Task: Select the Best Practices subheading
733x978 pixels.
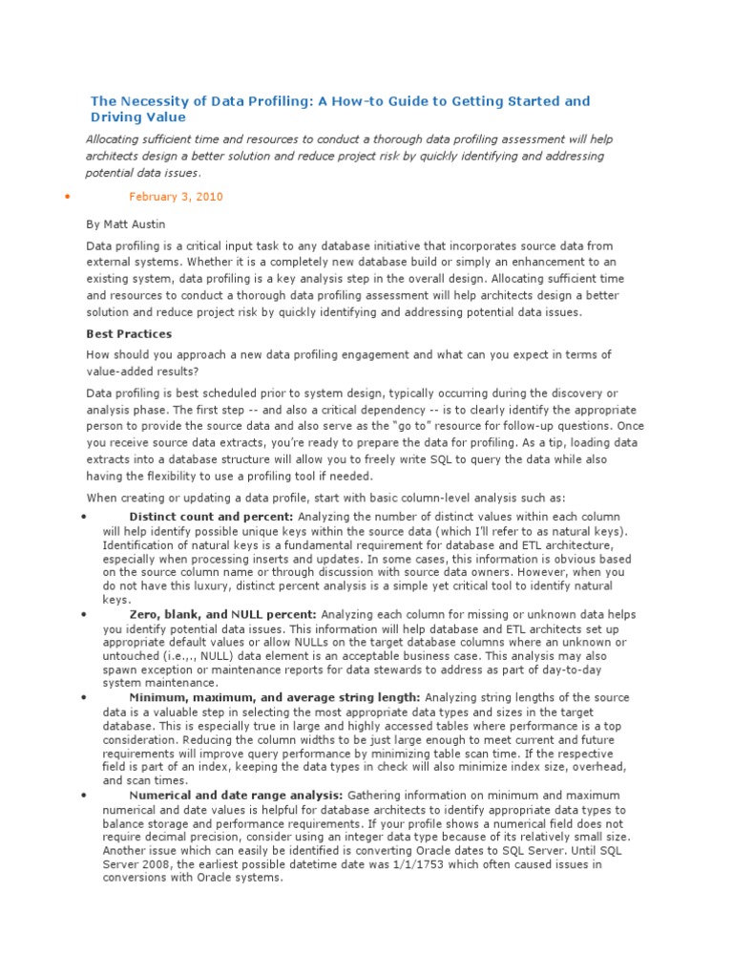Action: [129, 334]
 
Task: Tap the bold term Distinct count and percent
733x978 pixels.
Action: [211, 517]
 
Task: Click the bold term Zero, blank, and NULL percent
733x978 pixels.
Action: [223, 614]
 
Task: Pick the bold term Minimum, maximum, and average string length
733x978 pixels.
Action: [274, 698]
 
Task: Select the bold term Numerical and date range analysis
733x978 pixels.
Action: [236, 795]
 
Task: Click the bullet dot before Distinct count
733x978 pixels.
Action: [85, 518]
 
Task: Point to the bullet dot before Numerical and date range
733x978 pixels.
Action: [85, 796]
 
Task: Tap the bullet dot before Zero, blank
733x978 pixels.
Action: [85, 615]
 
